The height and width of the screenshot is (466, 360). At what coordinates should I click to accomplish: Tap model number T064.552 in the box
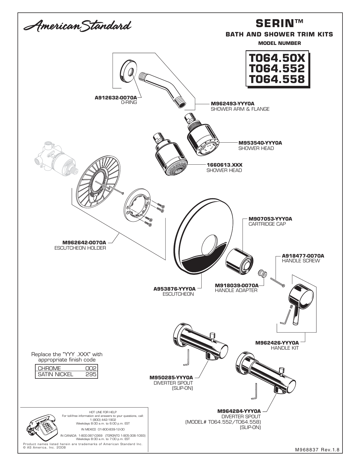(x=277, y=68)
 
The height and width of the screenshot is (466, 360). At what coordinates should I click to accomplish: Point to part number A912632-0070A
(x=116, y=98)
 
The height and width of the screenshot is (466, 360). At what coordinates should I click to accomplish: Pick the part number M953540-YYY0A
(x=260, y=143)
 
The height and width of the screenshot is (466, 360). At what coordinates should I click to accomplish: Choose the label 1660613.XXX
(x=224, y=165)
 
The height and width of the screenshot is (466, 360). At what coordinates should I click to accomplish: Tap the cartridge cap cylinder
(x=239, y=262)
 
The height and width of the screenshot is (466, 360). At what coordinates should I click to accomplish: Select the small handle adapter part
(x=262, y=274)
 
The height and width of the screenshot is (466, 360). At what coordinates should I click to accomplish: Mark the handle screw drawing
(x=278, y=282)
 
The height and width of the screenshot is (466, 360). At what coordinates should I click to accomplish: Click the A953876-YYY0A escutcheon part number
(x=174, y=289)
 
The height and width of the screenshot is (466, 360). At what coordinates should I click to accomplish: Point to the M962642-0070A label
(x=84, y=243)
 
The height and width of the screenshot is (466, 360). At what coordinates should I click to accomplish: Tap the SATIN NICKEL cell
(x=56, y=374)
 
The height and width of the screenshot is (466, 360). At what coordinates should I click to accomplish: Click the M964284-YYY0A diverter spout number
(x=239, y=411)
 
